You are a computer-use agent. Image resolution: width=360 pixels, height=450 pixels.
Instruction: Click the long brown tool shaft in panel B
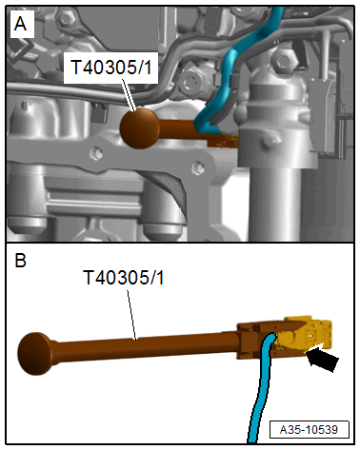[x=143, y=343]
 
